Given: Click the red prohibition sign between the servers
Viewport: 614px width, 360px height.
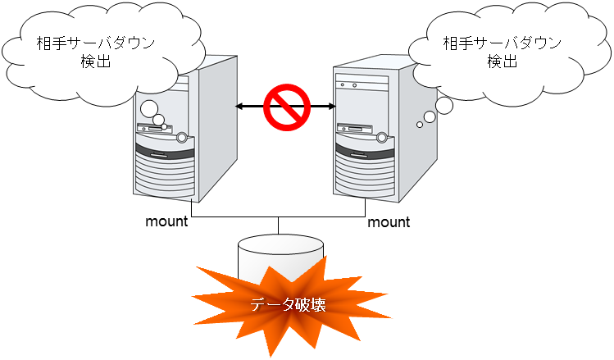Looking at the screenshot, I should point(287,106).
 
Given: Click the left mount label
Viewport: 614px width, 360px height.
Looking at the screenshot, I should point(166,221).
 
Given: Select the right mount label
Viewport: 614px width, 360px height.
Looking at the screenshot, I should point(389,221).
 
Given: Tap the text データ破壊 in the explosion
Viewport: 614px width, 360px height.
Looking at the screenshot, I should point(288,305).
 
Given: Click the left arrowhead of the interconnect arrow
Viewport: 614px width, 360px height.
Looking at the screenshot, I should point(239,106).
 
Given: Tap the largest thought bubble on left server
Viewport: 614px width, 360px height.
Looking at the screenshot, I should point(149,108).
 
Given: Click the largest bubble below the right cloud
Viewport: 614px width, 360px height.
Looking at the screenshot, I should point(443,105).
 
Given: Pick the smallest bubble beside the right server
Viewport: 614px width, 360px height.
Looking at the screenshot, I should point(420,124).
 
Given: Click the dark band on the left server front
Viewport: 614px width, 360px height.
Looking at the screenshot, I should point(164,153).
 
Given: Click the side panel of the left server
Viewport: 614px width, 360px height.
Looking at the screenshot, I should point(216,123).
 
